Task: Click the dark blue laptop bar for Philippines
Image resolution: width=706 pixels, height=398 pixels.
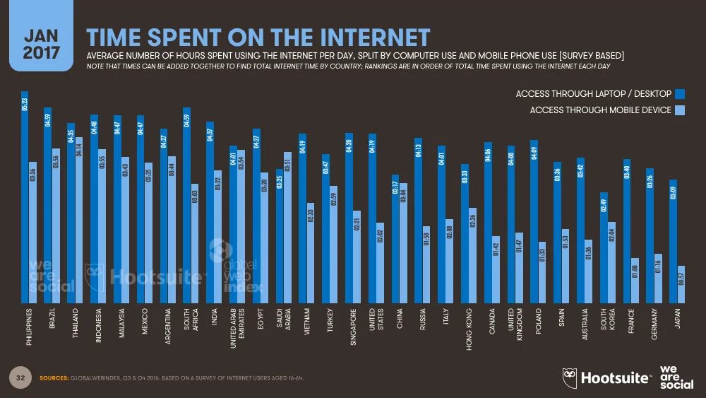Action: pyautogui.click(x=25, y=198)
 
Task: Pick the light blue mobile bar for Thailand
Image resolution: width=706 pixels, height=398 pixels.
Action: pyautogui.click(x=79, y=219)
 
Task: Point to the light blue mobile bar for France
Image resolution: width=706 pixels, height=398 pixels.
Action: pyautogui.click(x=635, y=279)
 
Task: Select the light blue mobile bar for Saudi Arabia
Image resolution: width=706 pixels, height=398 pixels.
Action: pyautogui.click(x=287, y=226)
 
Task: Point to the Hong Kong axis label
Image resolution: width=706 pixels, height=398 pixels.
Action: pyautogui.click(x=468, y=329)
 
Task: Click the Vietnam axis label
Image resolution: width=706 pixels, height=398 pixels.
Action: pyautogui.click(x=306, y=324)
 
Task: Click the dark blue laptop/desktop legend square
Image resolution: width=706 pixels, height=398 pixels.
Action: pyautogui.click(x=681, y=93)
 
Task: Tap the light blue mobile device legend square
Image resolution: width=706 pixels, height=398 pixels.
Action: pyautogui.click(x=681, y=110)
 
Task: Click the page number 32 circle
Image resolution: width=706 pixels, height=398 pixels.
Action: pyautogui.click(x=21, y=378)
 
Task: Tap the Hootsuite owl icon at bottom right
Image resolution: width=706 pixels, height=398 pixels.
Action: pyautogui.click(x=570, y=377)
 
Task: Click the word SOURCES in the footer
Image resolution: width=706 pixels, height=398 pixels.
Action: pyautogui.click(x=55, y=378)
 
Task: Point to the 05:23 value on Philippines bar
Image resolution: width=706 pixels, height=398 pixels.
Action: pyautogui.click(x=25, y=104)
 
